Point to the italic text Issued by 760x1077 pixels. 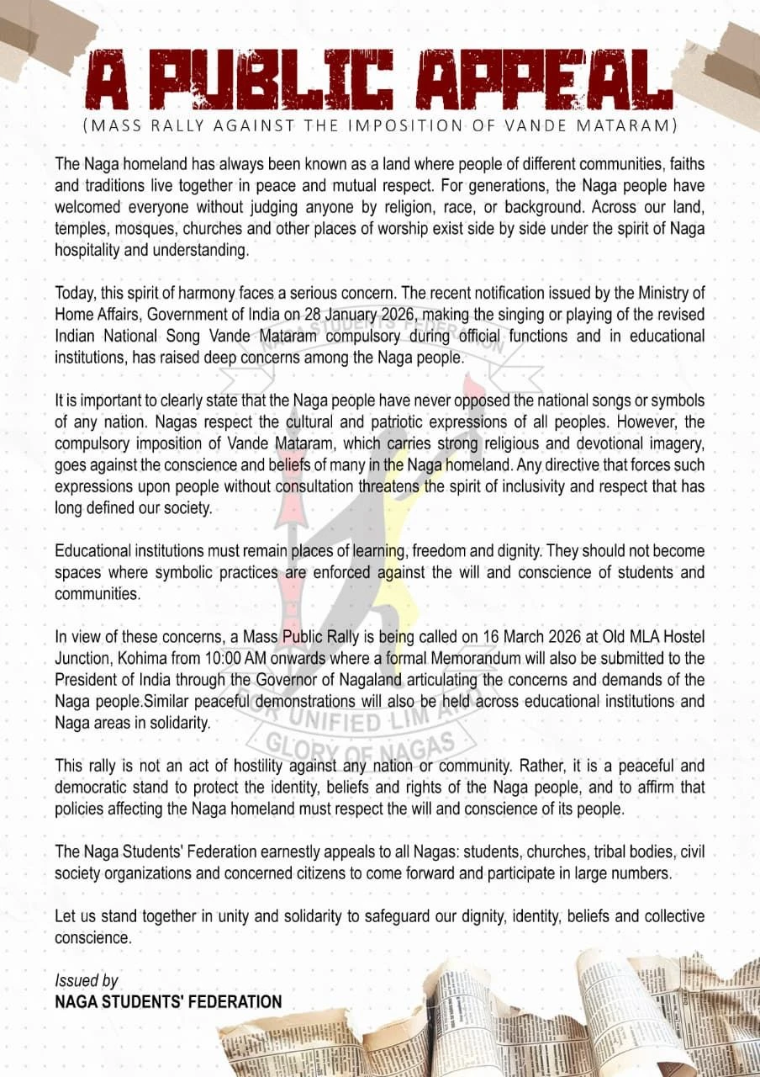pyautogui.click(x=87, y=981)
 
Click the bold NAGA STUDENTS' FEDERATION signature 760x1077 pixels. pyautogui.click(x=168, y=1002)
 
